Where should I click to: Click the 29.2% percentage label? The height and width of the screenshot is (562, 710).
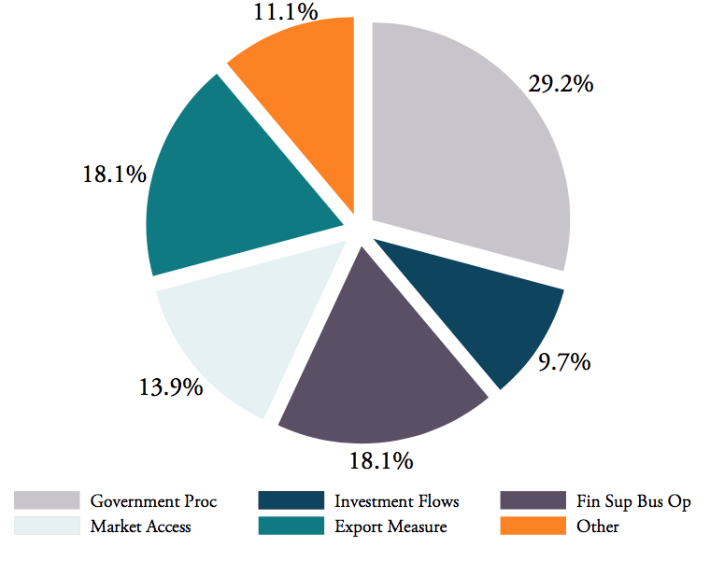click(561, 84)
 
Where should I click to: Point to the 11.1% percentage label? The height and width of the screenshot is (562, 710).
click(285, 12)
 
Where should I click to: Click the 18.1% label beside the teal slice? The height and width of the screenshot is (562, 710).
click(114, 174)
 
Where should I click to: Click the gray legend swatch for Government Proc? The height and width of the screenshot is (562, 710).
click(47, 501)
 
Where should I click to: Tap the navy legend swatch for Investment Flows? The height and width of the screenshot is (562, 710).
click(291, 501)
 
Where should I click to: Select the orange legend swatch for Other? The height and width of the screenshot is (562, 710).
click(533, 526)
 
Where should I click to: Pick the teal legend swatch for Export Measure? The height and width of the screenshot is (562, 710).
click(291, 526)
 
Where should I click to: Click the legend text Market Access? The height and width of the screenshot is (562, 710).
click(140, 527)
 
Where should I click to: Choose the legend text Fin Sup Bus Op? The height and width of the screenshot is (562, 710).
click(633, 502)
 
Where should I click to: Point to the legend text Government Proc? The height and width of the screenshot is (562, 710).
click(153, 502)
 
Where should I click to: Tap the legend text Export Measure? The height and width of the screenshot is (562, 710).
click(390, 527)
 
